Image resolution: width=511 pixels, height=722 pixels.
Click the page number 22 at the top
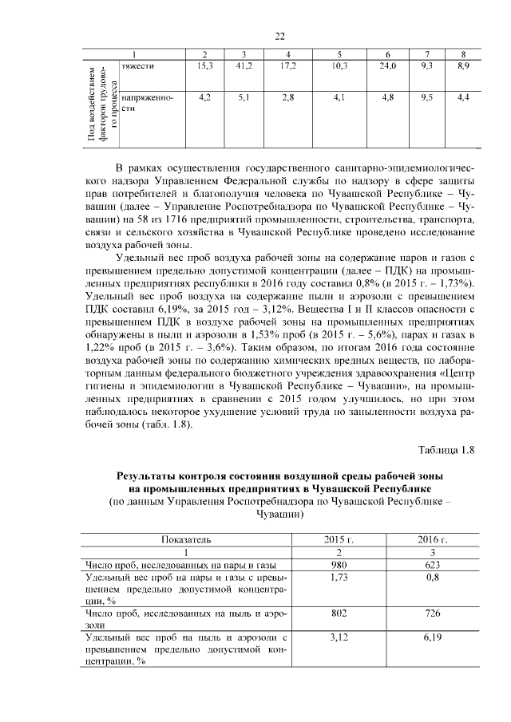[x=279, y=36]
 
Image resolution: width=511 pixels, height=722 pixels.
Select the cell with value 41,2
[x=244, y=65]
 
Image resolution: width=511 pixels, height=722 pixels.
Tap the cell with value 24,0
[x=388, y=65]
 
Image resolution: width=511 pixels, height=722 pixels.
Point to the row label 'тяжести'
[x=137, y=65]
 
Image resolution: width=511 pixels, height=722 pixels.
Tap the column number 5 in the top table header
[x=339, y=53]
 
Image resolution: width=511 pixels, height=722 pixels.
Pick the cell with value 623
[x=431, y=566]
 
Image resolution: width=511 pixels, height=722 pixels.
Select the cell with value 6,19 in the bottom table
[x=431, y=638]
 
